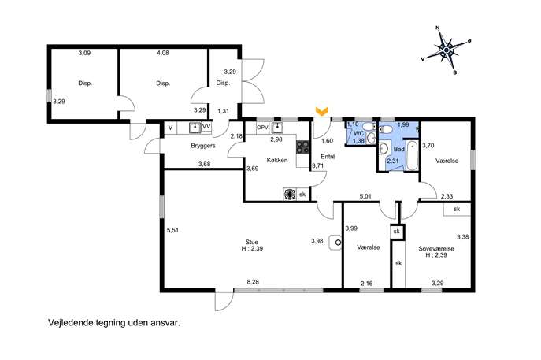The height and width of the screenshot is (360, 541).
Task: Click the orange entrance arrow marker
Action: pyautogui.click(x=322, y=111)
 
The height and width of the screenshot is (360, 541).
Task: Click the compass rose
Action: pyautogui.click(x=447, y=50)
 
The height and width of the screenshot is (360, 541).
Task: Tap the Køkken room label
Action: pyautogui.click(x=277, y=160)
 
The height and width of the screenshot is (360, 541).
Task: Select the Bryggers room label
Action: pyautogui.click(x=203, y=146)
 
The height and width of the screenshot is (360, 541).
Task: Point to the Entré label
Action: pyautogui.click(x=328, y=156)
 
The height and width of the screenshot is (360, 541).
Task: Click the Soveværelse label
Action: pyautogui.click(x=436, y=248)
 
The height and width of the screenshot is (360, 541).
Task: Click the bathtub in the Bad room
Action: pyautogui.click(x=412, y=156)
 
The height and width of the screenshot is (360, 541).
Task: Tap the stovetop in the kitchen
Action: pyautogui.click(x=302, y=147)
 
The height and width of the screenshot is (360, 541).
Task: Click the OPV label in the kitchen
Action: pyautogui.click(x=262, y=128)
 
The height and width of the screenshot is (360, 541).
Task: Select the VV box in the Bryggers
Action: pyautogui.click(x=206, y=127)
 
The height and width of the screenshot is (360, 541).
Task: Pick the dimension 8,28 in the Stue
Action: pyautogui.click(x=253, y=282)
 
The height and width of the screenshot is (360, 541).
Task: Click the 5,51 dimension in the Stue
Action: pyautogui.click(x=172, y=230)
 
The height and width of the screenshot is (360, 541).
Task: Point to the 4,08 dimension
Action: pyautogui.click(x=163, y=53)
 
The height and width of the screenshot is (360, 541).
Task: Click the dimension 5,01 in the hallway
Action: pyautogui.click(x=365, y=196)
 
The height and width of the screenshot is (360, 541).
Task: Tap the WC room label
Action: pyautogui.click(x=359, y=133)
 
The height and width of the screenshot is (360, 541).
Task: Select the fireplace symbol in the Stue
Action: pyautogui.click(x=335, y=243)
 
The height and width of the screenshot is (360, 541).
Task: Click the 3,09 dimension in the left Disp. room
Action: pyautogui.click(x=84, y=53)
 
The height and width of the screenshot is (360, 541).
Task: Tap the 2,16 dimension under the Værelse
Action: pyautogui.click(x=366, y=284)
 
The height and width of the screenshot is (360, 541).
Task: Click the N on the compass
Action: pyautogui.click(x=438, y=28)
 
